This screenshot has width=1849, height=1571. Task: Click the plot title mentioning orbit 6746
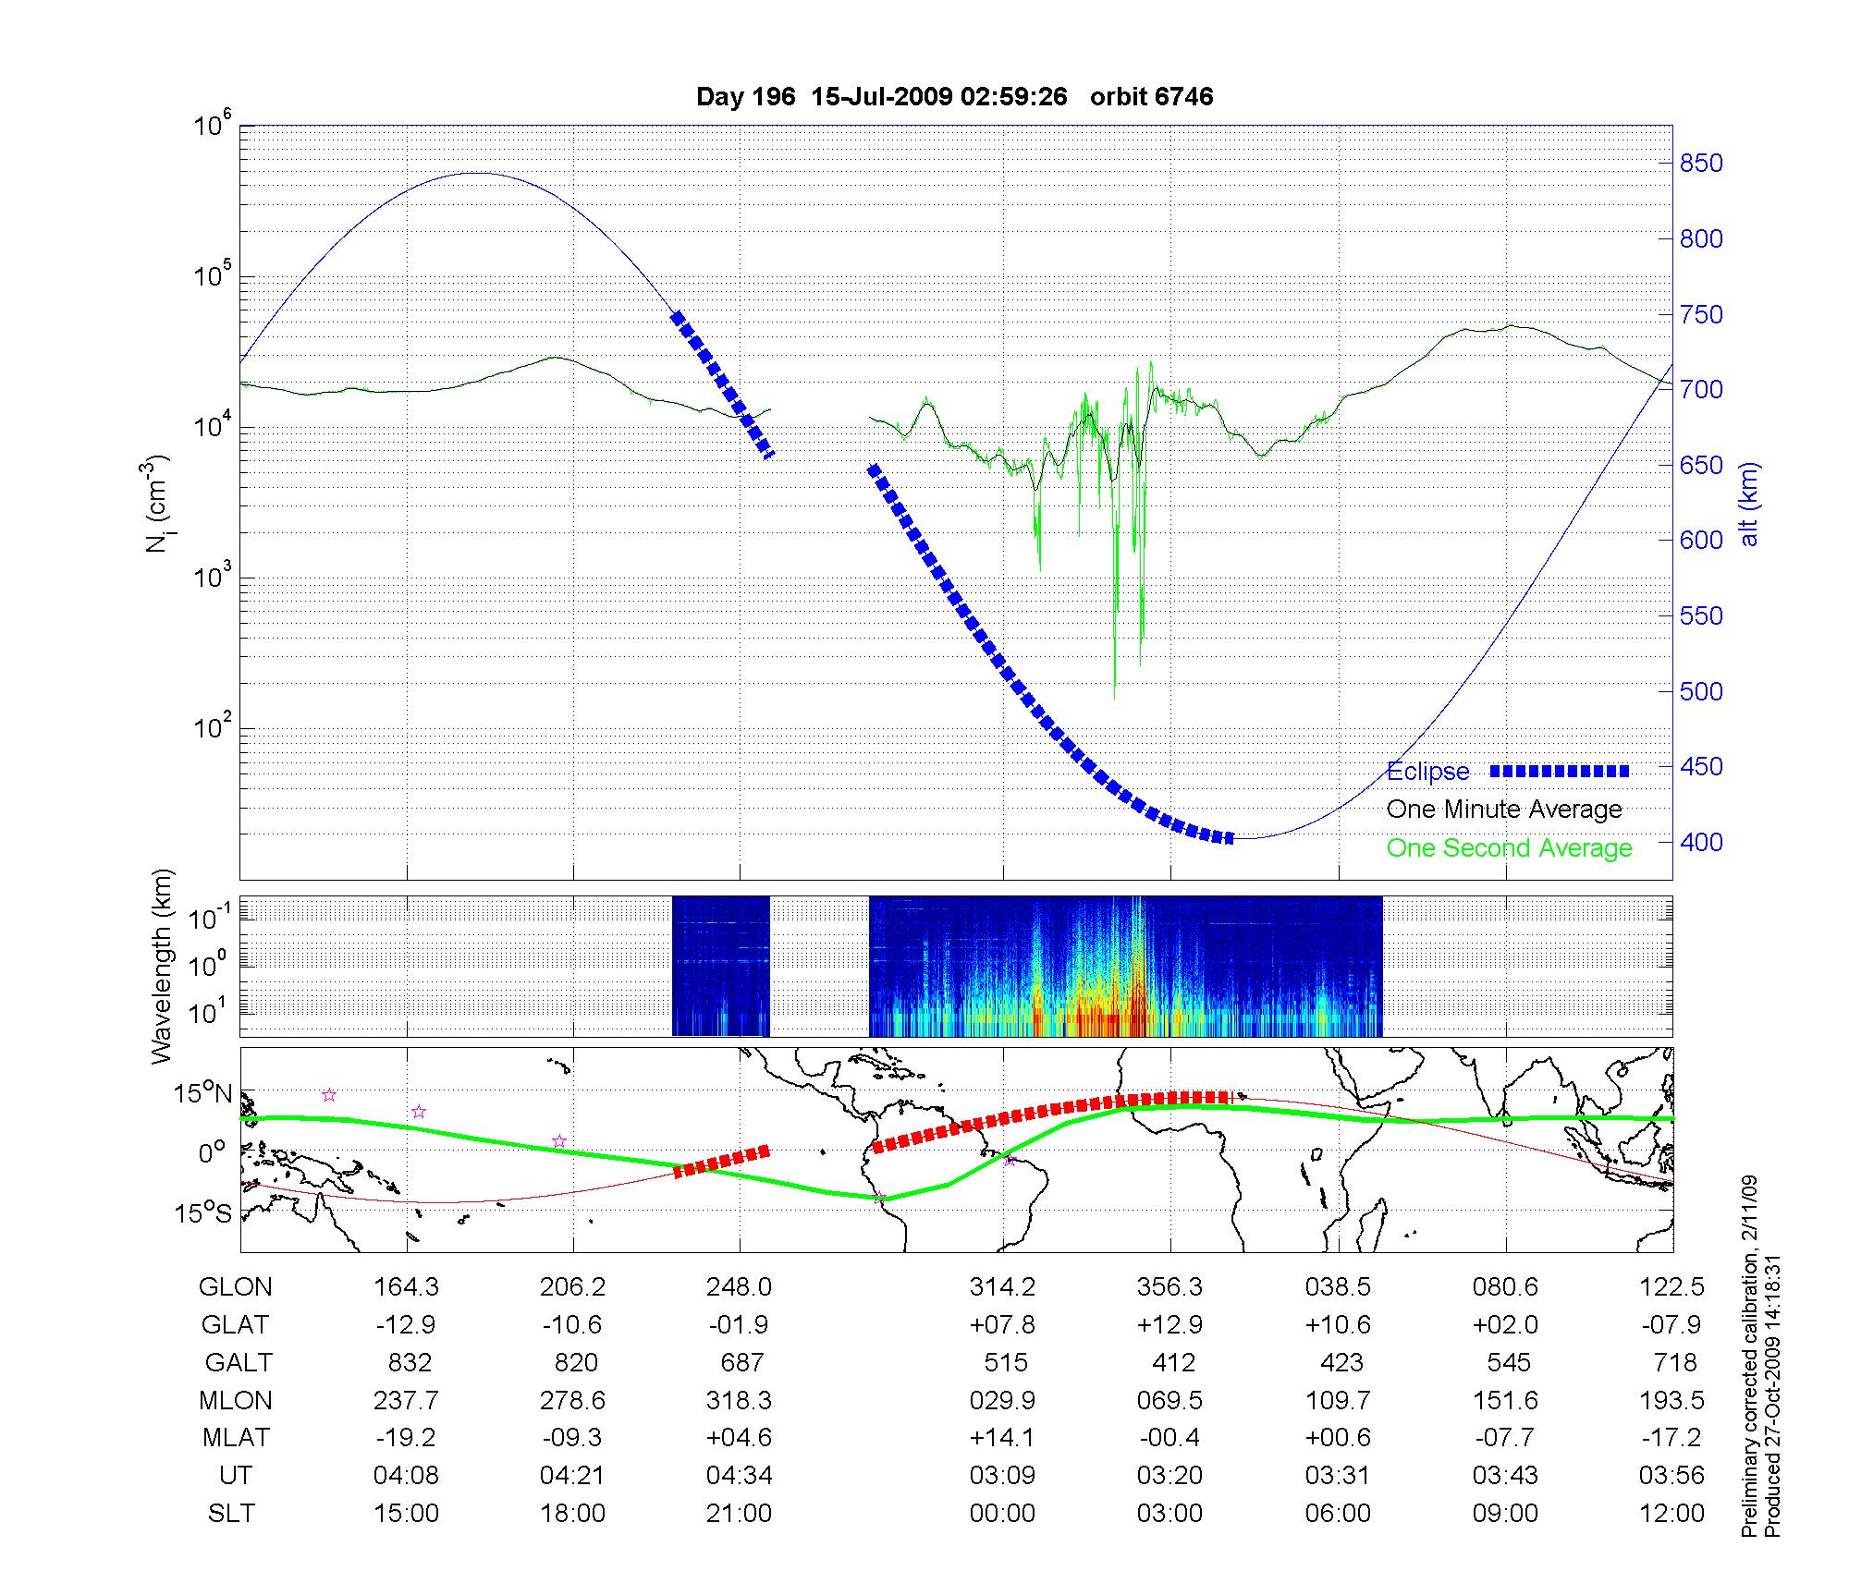[x=954, y=97]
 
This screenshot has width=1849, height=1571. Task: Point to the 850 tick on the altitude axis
[x=1701, y=164]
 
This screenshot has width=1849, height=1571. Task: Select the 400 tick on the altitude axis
[x=1701, y=842]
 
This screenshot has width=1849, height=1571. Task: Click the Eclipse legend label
[x=1427, y=772]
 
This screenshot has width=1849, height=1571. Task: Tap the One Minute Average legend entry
[x=1504, y=810]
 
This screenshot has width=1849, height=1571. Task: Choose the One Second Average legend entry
[x=1509, y=848]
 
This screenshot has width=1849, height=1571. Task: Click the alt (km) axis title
[x=1749, y=504]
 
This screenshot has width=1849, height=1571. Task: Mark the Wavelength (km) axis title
[x=163, y=966]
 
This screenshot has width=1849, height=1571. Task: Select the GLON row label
[x=236, y=1287]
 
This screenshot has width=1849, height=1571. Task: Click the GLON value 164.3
[x=406, y=1287]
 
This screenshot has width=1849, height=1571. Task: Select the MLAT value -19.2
[x=406, y=1438]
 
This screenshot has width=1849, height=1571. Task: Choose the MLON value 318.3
[x=739, y=1401]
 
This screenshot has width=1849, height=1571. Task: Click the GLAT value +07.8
[x=1002, y=1325]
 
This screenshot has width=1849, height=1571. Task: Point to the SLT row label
[x=231, y=1514]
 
